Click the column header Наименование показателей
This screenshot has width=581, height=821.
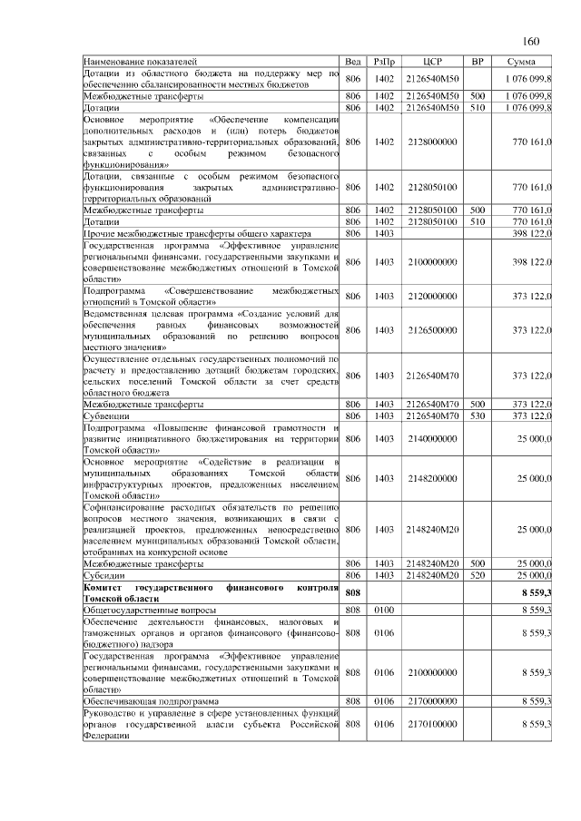(140, 63)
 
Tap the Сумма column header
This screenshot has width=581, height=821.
(522, 63)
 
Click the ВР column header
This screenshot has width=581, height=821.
(478, 63)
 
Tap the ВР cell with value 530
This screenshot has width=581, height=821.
(478, 415)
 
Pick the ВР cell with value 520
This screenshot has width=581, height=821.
(478, 576)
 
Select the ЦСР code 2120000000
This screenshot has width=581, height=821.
(432, 297)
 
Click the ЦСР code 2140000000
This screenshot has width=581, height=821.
(432, 438)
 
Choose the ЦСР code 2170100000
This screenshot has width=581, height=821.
(432, 725)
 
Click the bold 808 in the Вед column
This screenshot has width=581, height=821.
(354, 593)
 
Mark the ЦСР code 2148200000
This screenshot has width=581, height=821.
(432, 478)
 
